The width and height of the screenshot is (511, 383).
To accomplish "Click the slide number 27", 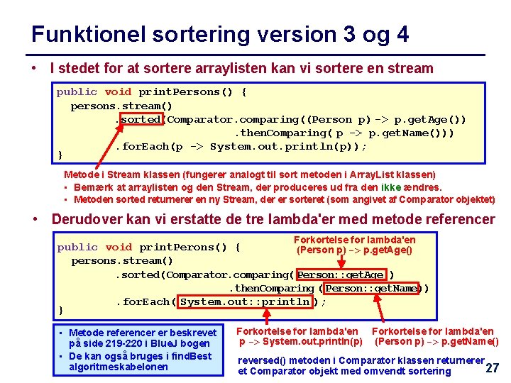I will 492,367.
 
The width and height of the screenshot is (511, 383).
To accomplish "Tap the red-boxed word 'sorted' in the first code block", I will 141,119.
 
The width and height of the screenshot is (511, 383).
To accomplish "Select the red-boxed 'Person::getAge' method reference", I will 341,274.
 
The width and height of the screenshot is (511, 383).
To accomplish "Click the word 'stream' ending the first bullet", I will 409,69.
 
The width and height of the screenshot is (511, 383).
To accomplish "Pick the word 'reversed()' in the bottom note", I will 262,360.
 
